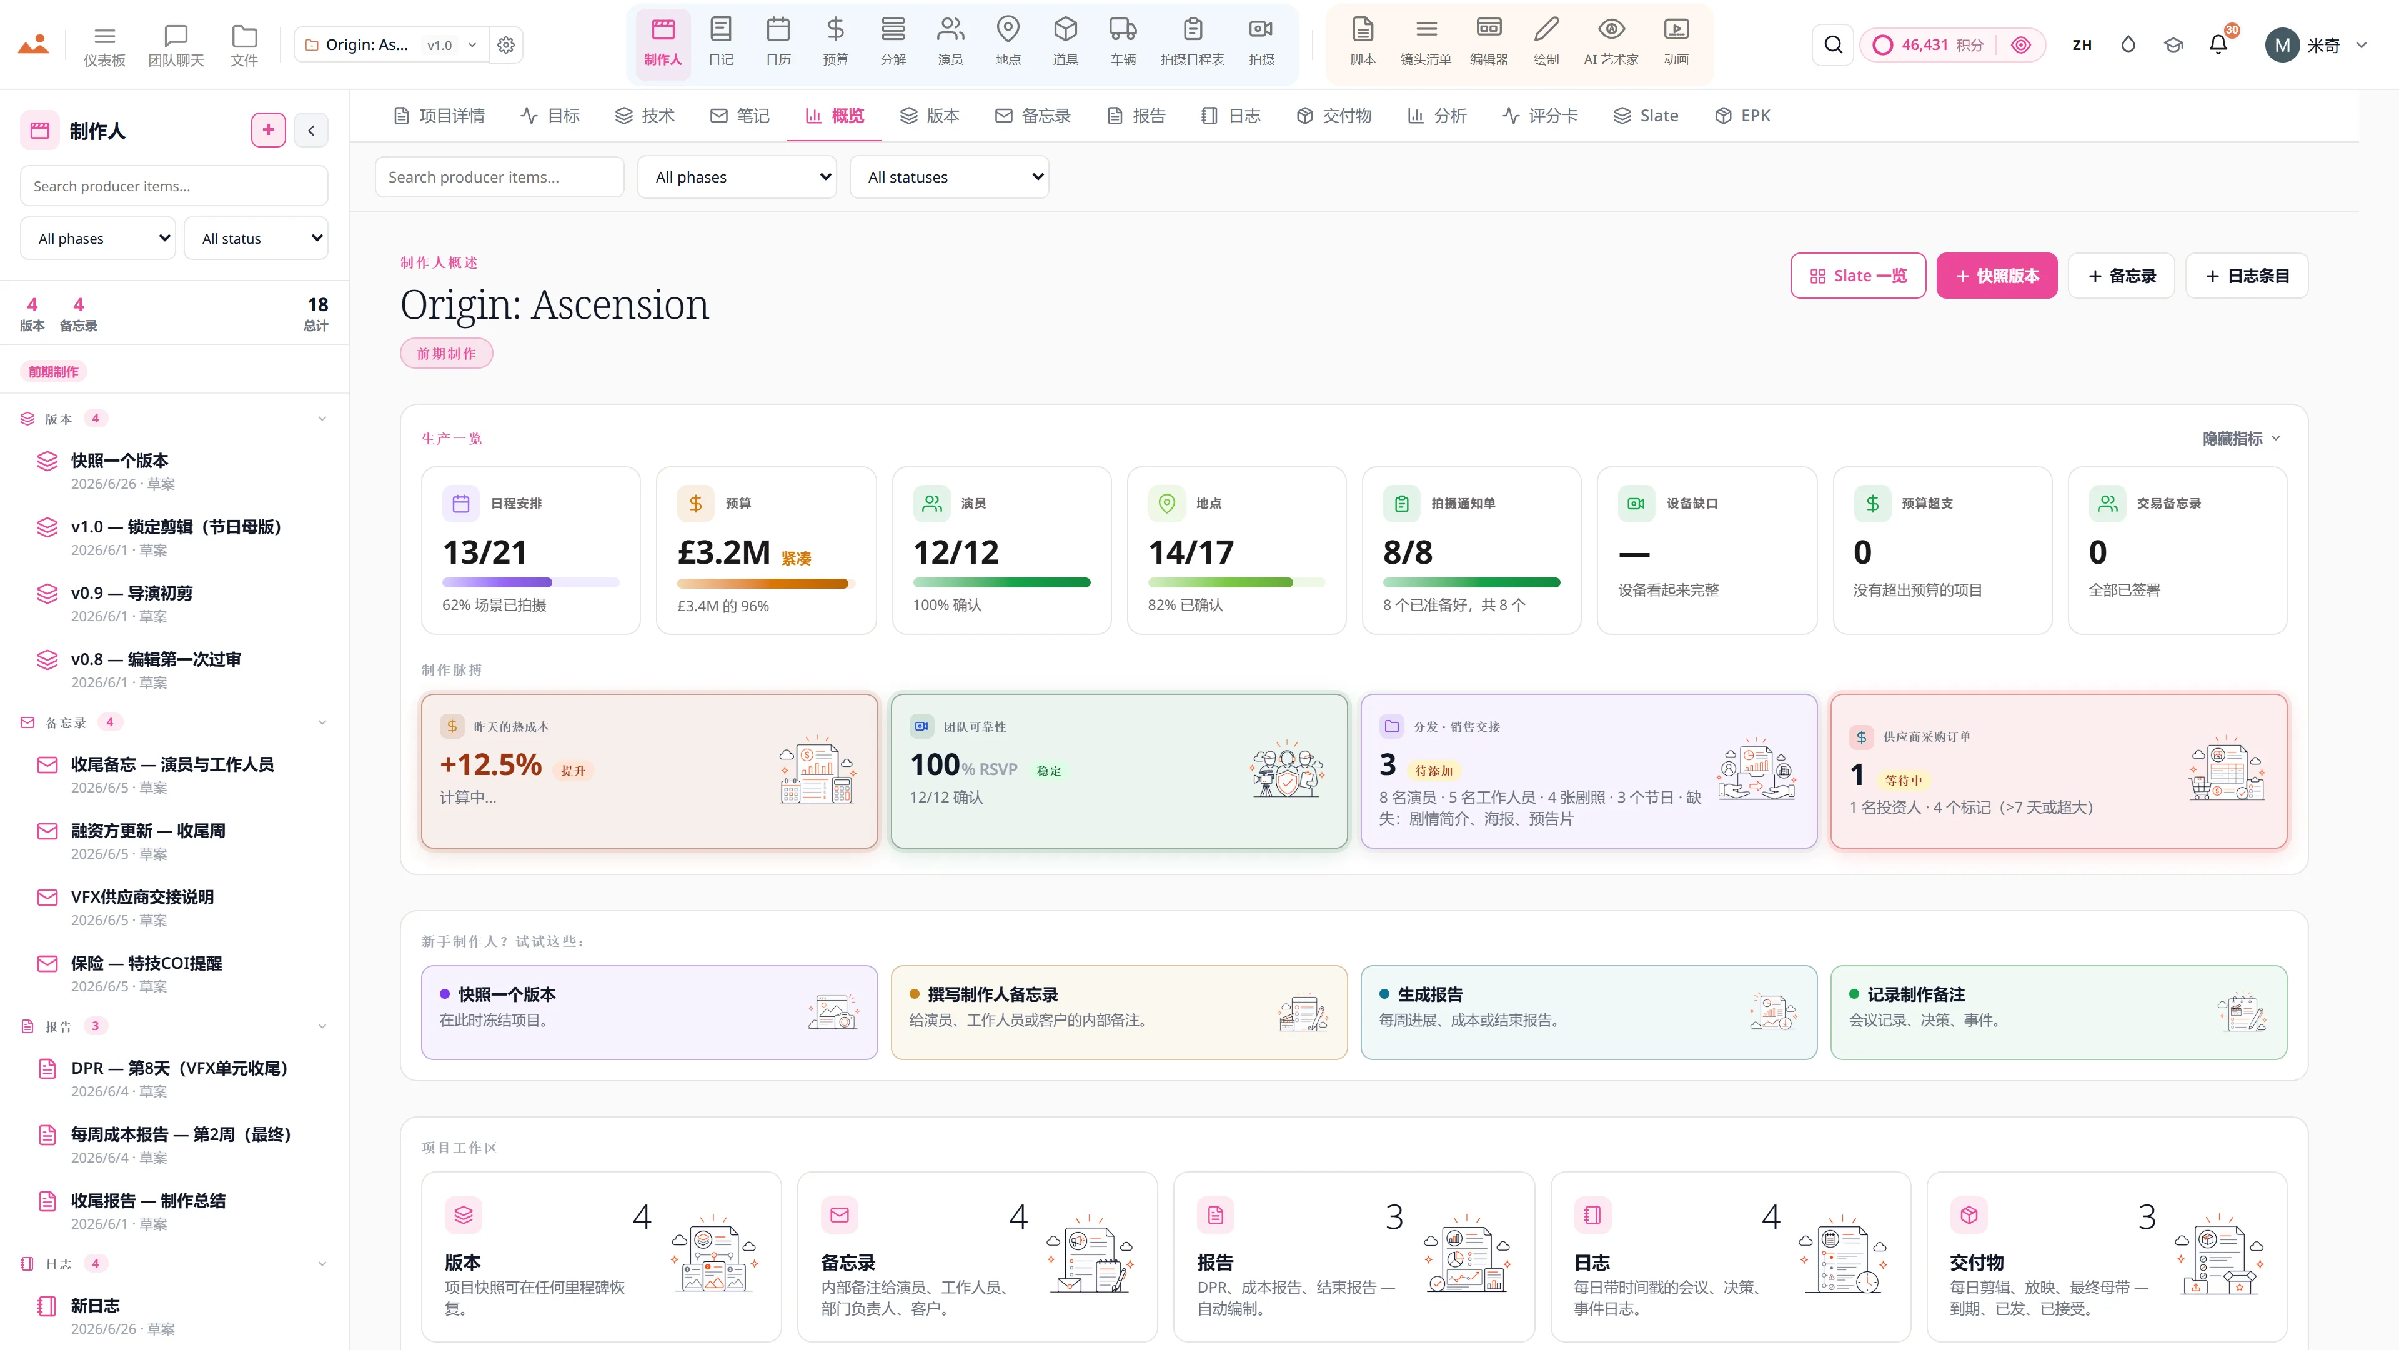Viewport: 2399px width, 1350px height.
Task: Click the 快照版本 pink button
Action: tap(1997, 276)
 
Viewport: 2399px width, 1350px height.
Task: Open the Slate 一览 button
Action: tap(1858, 276)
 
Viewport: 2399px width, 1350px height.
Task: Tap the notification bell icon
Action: tap(2218, 45)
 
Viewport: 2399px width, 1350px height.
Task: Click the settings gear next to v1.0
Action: tap(505, 45)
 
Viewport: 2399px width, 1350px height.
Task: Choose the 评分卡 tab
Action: tap(1541, 116)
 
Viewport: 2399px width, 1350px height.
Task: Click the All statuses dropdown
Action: tap(949, 177)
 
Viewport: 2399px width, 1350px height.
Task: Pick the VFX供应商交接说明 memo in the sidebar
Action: tap(142, 896)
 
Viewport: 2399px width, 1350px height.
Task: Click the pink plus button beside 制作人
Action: tap(268, 131)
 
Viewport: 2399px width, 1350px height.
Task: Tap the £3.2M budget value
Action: tap(723, 552)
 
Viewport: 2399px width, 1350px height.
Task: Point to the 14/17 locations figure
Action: tap(1191, 552)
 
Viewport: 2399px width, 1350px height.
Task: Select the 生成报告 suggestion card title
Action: tap(1429, 994)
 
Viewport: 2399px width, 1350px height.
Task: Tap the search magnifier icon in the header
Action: tap(1833, 45)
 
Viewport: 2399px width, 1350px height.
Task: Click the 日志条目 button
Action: tap(2247, 276)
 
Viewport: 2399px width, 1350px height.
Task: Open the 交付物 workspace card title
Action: tap(1976, 1262)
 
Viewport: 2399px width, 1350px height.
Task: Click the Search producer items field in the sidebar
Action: tap(174, 186)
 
